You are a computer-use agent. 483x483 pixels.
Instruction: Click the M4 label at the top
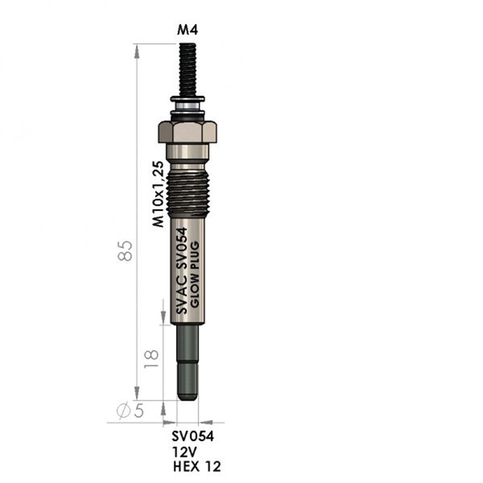[x=187, y=30]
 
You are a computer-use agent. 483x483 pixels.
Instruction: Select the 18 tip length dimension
[x=151, y=358]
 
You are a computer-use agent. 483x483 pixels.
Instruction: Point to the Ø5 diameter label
[x=130, y=411]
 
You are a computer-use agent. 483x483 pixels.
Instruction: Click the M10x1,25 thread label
[x=158, y=194]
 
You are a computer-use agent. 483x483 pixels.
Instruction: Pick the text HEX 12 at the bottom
[x=197, y=466]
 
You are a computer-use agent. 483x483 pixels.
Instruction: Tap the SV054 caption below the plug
[x=193, y=437]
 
